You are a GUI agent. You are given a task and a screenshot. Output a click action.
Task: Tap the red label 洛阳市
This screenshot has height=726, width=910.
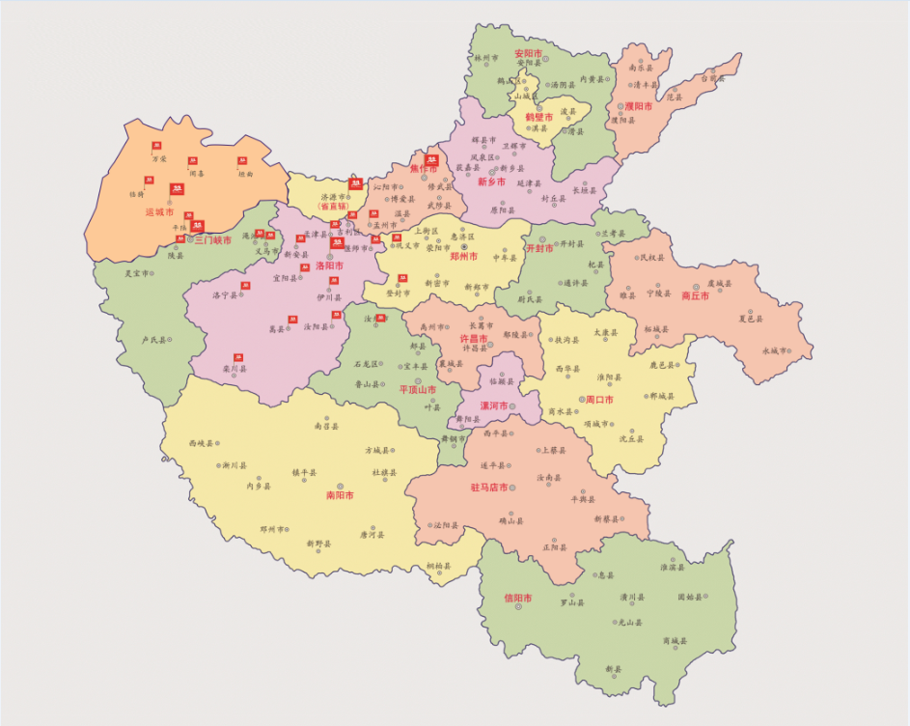(x=329, y=265)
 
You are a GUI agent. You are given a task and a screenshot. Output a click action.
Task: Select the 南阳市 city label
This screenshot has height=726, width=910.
(x=340, y=495)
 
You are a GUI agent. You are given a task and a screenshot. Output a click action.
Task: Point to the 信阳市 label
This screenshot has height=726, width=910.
(x=518, y=598)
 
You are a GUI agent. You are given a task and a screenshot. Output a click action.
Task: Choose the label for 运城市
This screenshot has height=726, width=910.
(x=159, y=212)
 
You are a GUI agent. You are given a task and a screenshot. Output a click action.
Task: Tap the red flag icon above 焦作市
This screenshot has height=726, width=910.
(x=431, y=159)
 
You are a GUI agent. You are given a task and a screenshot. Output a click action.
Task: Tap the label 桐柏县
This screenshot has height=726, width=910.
(x=438, y=567)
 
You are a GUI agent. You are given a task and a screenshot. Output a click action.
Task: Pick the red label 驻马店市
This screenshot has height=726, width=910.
(x=489, y=488)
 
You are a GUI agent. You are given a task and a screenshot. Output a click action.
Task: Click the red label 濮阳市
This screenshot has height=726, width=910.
(x=636, y=106)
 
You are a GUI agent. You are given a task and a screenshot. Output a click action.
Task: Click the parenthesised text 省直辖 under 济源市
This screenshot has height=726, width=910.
(x=331, y=207)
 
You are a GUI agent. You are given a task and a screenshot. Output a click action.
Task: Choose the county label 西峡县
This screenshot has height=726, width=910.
(x=201, y=444)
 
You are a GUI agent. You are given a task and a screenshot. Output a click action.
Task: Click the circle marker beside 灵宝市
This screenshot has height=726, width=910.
(x=152, y=273)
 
